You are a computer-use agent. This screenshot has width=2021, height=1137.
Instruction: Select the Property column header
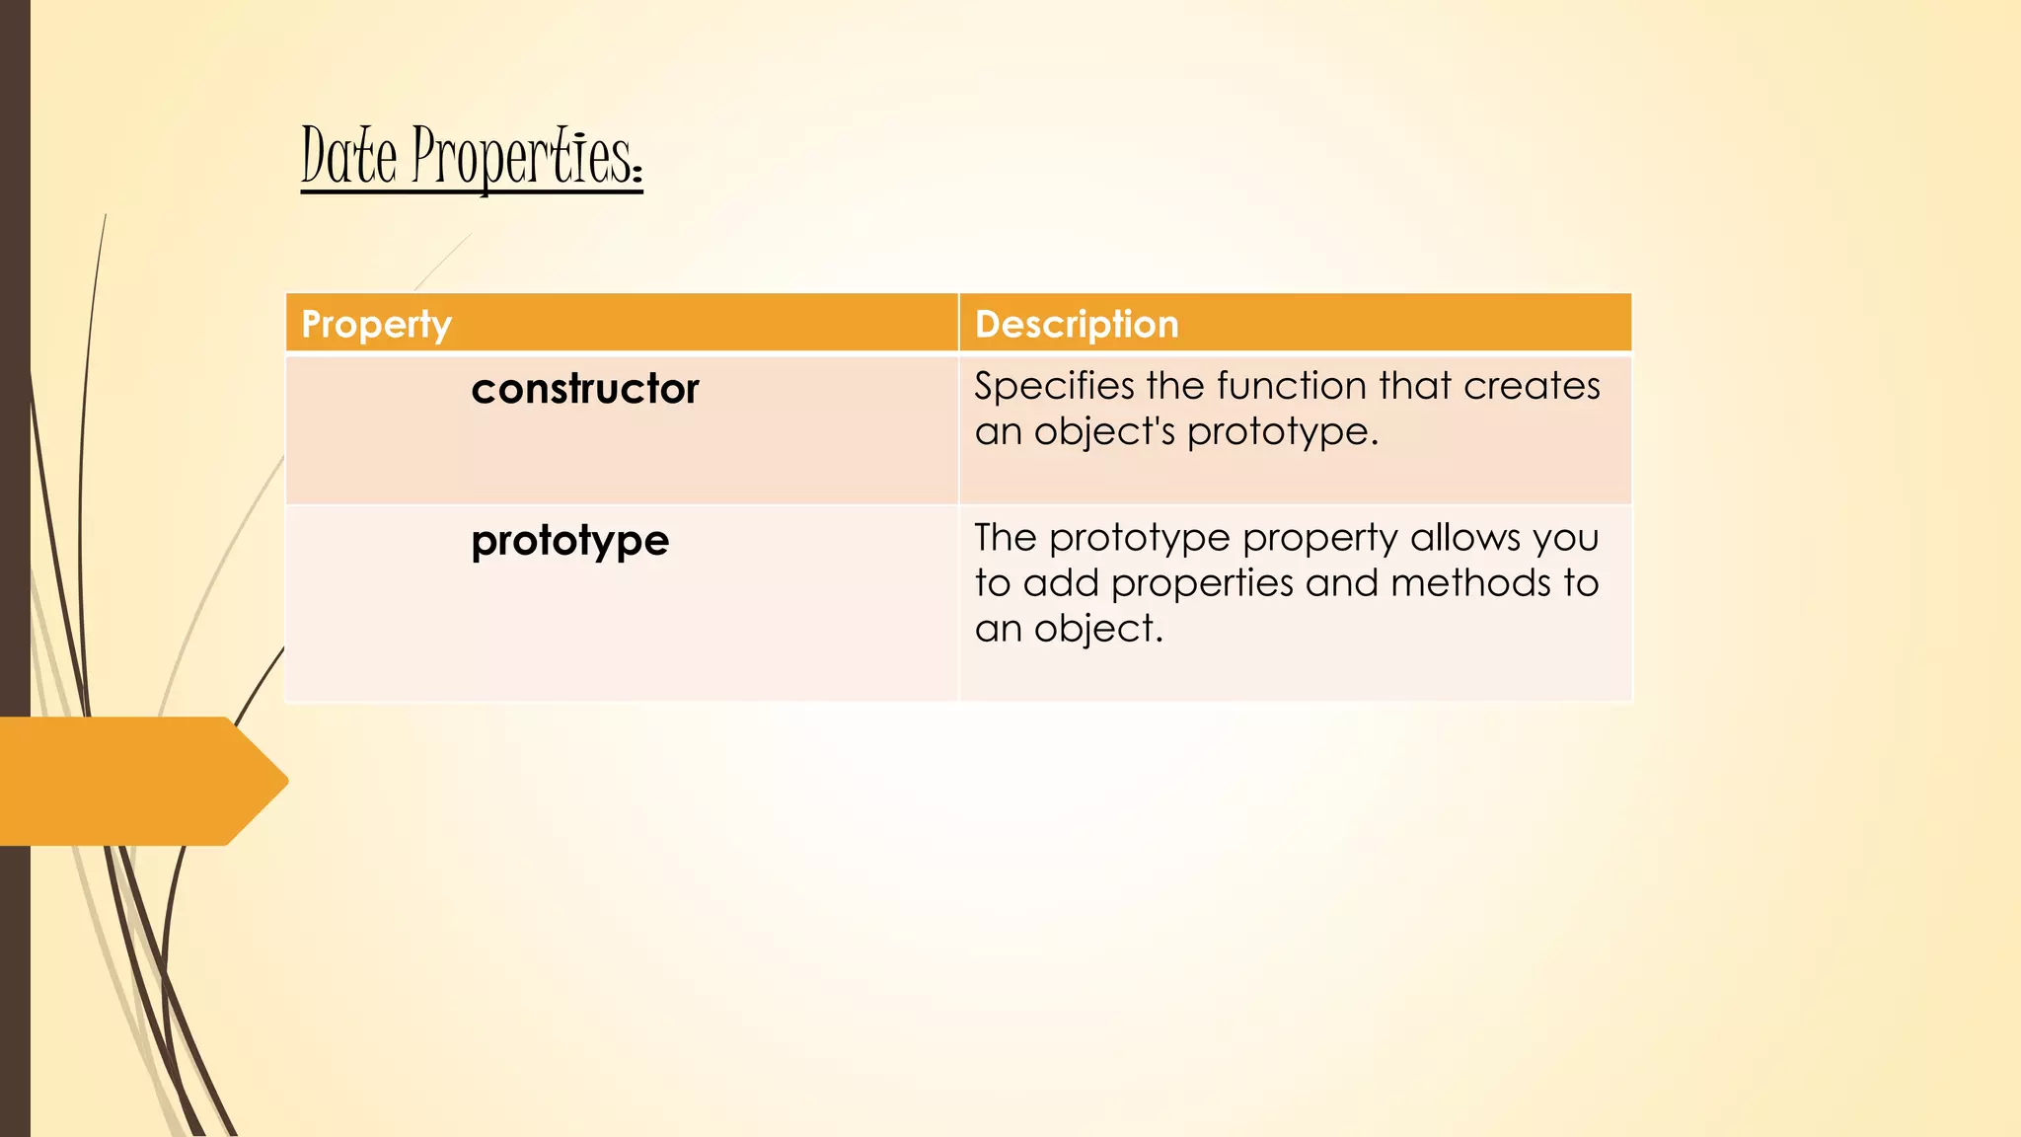(x=376, y=324)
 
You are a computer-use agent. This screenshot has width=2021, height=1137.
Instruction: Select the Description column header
(x=1077, y=324)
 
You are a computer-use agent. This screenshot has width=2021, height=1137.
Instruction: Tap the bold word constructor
(x=585, y=389)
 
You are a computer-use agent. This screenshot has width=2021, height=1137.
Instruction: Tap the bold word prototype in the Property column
(x=569, y=541)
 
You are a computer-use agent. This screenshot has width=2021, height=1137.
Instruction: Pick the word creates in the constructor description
(x=1532, y=386)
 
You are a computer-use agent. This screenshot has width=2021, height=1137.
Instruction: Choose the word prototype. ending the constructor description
(x=1282, y=432)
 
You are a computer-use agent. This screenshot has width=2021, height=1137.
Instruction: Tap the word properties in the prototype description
(x=1202, y=584)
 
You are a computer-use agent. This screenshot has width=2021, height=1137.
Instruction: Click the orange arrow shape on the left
(x=138, y=781)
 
